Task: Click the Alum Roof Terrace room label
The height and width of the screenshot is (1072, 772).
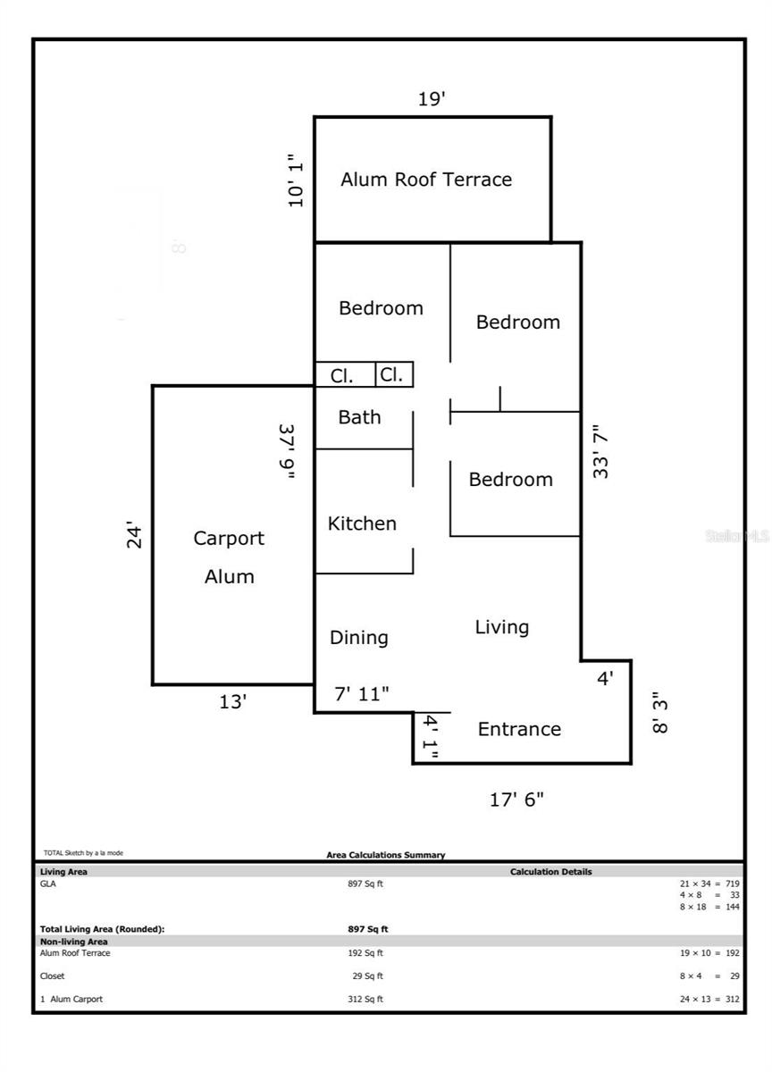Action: [x=426, y=180]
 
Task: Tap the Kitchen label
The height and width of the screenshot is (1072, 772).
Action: [x=362, y=523]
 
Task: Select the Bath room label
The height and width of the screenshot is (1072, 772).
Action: [x=359, y=417]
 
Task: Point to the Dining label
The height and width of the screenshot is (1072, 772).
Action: [x=359, y=638]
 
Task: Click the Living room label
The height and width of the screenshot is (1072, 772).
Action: [x=502, y=627]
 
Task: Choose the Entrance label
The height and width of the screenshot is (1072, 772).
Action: [x=519, y=729]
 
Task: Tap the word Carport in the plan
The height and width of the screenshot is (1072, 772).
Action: [x=229, y=539]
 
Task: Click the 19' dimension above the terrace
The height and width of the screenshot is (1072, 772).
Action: [x=432, y=99]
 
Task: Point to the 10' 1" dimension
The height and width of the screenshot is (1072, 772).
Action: [x=296, y=180]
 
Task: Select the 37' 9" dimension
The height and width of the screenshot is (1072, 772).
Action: [x=287, y=451]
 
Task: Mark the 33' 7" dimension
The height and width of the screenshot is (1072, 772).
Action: [x=600, y=451]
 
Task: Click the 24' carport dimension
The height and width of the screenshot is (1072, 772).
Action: [x=135, y=534]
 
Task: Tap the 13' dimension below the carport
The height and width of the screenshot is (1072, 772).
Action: [x=232, y=702]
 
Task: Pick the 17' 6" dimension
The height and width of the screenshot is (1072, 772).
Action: [x=516, y=800]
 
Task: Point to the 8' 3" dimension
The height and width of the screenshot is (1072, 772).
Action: [x=659, y=713]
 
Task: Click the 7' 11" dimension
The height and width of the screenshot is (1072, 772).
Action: [x=362, y=694]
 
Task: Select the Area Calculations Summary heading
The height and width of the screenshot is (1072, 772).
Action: [x=386, y=855]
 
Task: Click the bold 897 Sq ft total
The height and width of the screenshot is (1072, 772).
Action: [x=367, y=929]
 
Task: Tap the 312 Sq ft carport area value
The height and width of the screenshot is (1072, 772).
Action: [x=365, y=999]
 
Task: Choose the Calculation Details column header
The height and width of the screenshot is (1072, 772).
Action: [x=551, y=872]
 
